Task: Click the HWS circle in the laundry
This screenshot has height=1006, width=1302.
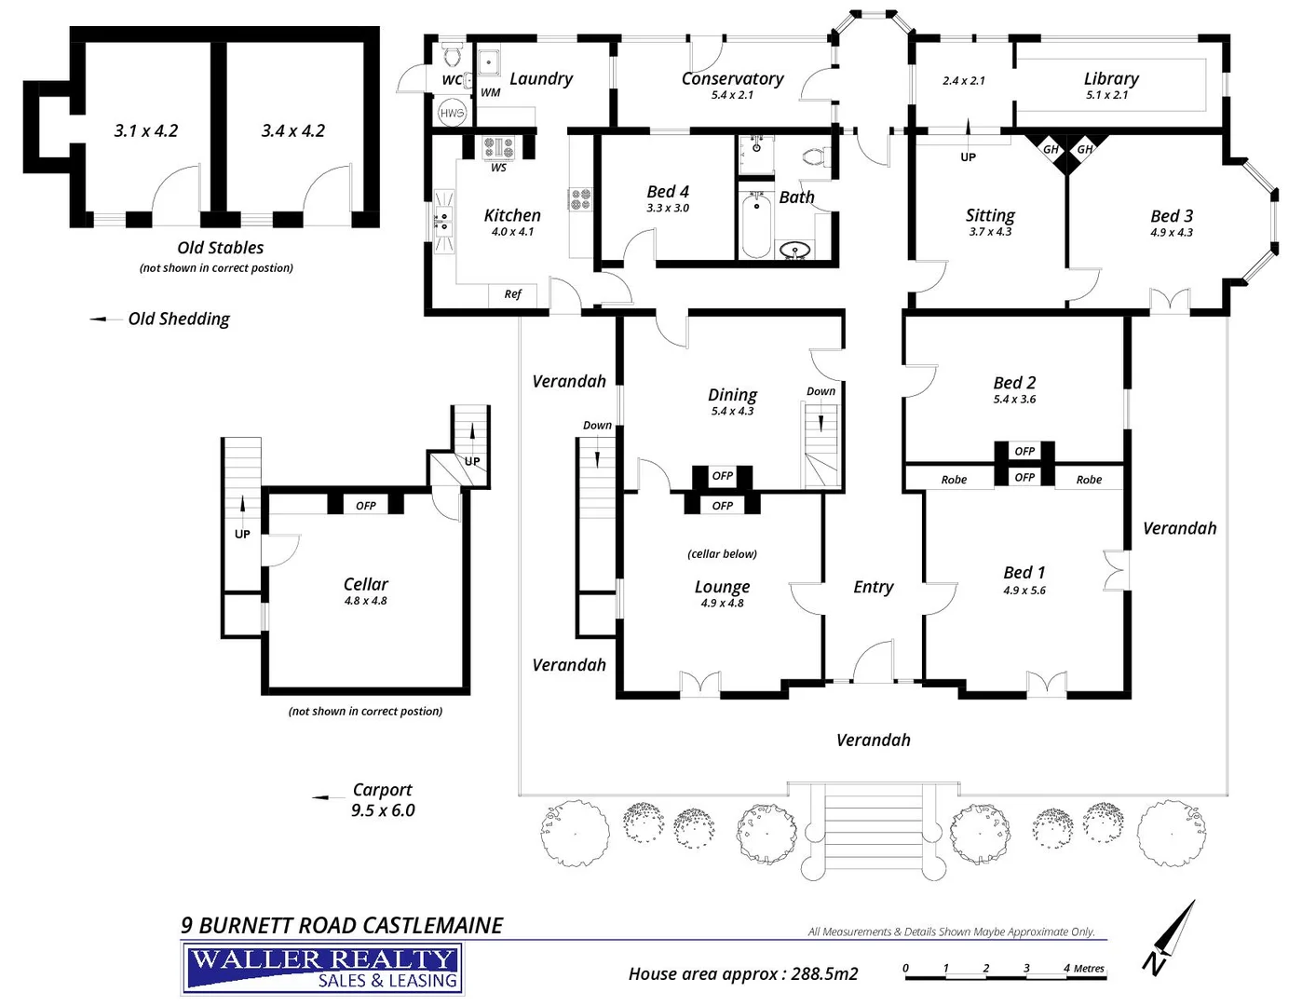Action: [452, 113]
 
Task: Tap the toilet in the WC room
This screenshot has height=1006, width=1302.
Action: [453, 56]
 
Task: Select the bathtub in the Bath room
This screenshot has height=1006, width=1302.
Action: [755, 224]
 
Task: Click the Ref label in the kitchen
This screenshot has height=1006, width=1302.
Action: [513, 294]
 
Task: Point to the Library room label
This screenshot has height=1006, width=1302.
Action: [1111, 79]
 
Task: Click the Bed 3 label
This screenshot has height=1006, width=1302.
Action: [1172, 216]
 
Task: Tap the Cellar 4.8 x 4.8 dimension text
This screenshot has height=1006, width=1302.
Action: [365, 601]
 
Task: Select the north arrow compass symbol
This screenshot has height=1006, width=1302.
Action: [1171, 936]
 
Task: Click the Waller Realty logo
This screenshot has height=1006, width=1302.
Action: [322, 969]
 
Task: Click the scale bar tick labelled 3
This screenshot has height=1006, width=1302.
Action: [1026, 969]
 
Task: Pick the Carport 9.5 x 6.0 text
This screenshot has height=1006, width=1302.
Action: [382, 800]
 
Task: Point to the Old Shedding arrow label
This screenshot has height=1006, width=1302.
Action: [178, 319]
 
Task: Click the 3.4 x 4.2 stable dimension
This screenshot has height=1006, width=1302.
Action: [292, 131]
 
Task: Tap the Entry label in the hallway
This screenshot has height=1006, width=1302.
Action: [873, 587]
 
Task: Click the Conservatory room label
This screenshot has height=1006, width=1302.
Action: [732, 79]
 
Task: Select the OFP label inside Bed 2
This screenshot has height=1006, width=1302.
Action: [1024, 451]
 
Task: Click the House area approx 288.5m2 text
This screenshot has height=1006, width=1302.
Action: [742, 973]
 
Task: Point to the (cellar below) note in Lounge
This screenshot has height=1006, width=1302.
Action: [722, 554]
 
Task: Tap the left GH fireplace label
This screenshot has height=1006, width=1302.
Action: [1051, 149]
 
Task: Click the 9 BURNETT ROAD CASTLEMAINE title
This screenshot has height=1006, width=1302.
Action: [342, 925]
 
